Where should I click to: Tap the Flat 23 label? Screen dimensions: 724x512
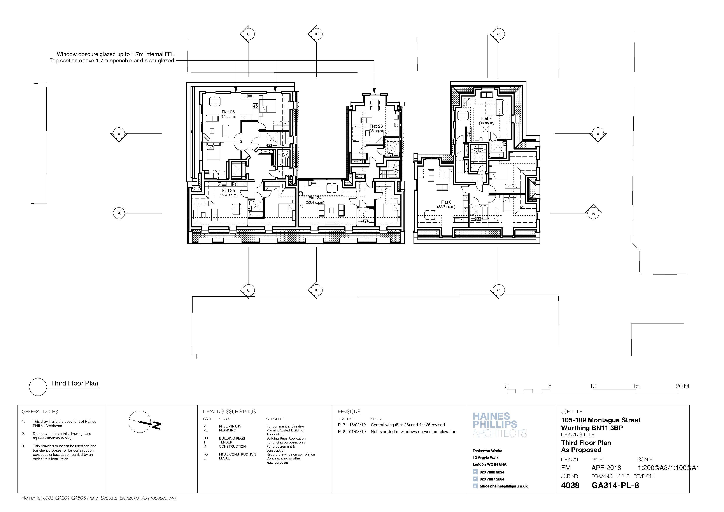pos(376,126)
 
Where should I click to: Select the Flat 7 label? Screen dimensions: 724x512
pos(486,118)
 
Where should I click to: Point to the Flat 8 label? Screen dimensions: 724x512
pos(446,202)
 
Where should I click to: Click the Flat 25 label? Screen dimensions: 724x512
pos(228,190)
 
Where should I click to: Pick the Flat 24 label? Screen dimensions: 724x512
pos(315,198)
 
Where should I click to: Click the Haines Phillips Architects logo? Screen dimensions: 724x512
pos(500,425)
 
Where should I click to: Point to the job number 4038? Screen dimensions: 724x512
pos(570,485)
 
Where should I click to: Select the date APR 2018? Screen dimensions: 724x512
pos(606,468)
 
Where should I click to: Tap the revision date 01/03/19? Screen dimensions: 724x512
pos(357,432)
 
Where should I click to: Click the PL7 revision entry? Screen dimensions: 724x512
pos(342,425)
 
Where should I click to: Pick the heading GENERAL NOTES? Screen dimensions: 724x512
pos(40,412)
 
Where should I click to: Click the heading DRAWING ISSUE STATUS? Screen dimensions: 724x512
pos(229,412)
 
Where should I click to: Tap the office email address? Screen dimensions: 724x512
pos(504,486)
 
